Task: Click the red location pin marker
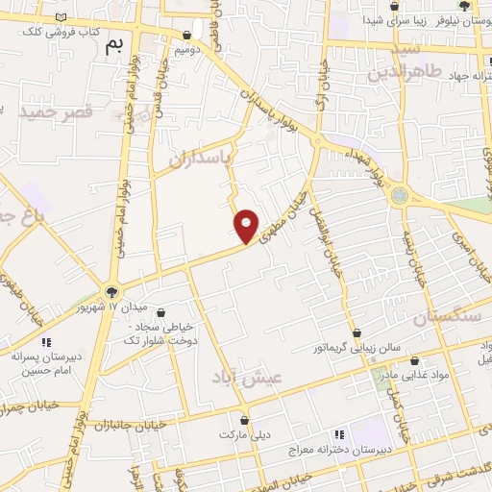[247, 226]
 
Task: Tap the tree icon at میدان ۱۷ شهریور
[112, 291]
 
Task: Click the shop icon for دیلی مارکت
[245, 420]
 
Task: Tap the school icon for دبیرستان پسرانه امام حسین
[45, 342]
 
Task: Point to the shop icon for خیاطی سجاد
[160, 313]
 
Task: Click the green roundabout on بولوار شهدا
[399, 195]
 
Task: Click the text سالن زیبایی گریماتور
[362, 349]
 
